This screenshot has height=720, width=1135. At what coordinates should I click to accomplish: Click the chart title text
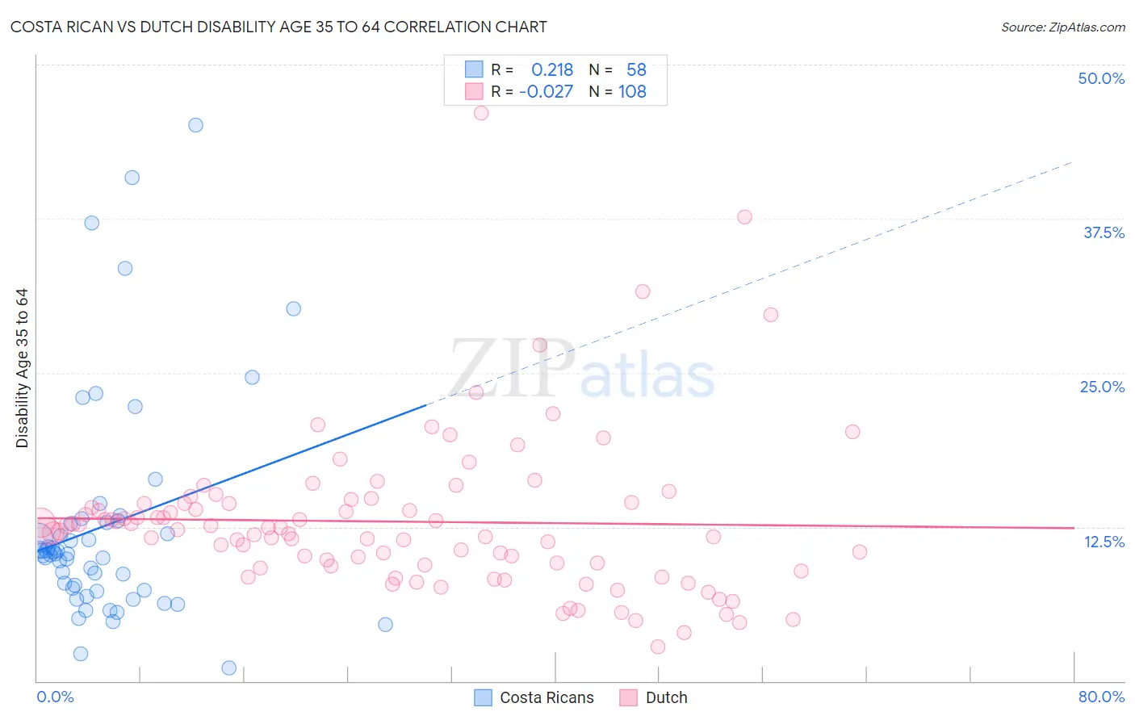tap(279, 27)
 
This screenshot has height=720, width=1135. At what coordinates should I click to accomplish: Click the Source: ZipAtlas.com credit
tap(1062, 27)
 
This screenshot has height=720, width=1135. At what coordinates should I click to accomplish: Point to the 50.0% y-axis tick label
tap(1101, 78)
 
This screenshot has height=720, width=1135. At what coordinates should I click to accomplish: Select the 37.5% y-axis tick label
tap(1104, 232)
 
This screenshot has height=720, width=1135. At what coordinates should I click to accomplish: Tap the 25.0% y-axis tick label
tap(1102, 387)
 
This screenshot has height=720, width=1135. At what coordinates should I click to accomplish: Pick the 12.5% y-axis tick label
tap(1104, 541)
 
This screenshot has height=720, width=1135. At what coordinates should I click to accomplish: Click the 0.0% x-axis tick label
tap(55, 697)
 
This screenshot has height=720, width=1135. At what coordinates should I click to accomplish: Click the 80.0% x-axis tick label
tap(1101, 697)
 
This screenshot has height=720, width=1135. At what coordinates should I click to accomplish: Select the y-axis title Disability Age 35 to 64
tap(22, 368)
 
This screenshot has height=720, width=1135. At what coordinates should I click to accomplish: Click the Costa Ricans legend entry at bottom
tap(534, 697)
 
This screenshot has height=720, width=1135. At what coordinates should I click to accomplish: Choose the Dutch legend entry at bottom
tap(654, 697)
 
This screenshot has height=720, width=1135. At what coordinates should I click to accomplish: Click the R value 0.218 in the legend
tap(552, 70)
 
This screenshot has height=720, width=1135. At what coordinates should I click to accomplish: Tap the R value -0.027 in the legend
tap(547, 92)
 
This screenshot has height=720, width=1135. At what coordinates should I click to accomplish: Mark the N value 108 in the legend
tap(632, 92)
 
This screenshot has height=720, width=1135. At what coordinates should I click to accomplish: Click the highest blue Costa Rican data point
tap(195, 125)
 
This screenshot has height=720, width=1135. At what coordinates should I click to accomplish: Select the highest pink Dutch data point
tap(481, 113)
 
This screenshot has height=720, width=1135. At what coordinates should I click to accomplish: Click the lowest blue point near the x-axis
tap(229, 668)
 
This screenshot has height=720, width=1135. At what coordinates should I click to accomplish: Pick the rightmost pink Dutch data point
tap(860, 552)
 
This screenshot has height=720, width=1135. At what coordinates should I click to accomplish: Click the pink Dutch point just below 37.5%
tap(744, 217)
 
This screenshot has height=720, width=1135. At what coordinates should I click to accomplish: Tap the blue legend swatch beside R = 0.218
tap(474, 69)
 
